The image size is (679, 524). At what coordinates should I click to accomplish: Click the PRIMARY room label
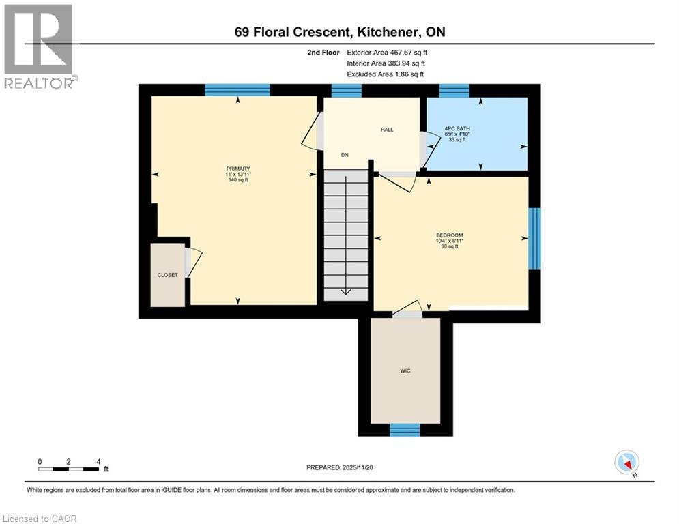pos(237,169)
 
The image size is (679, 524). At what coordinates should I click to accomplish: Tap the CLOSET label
pos(167,275)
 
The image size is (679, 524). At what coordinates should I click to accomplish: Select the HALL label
pos(387,130)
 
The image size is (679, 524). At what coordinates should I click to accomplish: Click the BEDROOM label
pos(450,235)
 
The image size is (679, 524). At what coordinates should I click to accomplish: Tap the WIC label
pos(405,370)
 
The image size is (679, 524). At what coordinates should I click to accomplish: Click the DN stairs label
pos(345,155)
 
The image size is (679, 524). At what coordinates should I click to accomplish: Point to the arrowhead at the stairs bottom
pos(345,293)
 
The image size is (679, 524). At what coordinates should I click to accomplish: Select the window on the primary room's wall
pos(237,90)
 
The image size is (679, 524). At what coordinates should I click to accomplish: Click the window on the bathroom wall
pos(454,90)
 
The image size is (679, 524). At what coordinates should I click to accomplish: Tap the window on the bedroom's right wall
pos(534,239)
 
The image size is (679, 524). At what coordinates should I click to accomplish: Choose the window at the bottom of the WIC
pos(405,429)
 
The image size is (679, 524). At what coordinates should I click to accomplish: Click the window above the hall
pos(346,90)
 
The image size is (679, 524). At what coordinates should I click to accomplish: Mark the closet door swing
pos(193,263)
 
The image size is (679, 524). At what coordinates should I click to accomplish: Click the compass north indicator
pos(626,463)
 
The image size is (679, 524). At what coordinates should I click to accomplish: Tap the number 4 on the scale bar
pos(99,461)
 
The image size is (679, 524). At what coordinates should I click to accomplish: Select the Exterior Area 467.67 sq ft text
pos(387,52)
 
